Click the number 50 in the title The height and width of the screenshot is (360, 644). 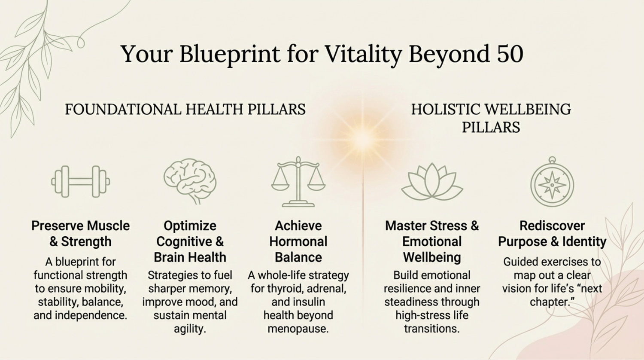pyautogui.click(x=510, y=54)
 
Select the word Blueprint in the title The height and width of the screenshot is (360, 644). pyautogui.click(x=230, y=55)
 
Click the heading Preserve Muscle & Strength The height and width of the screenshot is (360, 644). pyautogui.click(x=81, y=233)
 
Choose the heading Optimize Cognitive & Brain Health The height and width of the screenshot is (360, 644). pyautogui.click(x=190, y=241)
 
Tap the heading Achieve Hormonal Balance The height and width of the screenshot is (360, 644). pyautogui.click(x=298, y=241)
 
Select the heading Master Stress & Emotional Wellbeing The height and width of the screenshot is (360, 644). pyautogui.click(x=432, y=241)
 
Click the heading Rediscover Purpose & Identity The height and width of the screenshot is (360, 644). pyautogui.click(x=552, y=233)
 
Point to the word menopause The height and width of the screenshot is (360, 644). pyautogui.click(x=298, y=329)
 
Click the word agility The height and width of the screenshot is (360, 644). pyautogui.click(x=190, y=329)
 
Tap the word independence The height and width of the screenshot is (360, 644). pyautogui.click(x=91, y=316)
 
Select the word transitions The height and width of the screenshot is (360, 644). pyautogui.click(x=432, y=329)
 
